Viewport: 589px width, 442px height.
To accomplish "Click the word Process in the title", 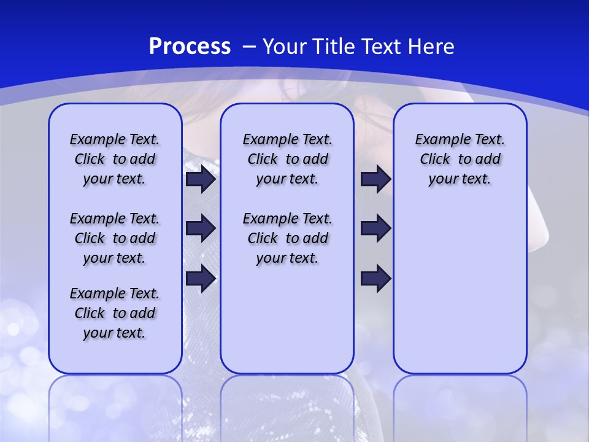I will pos(190,47).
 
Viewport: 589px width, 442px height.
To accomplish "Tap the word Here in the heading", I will pos(431,47).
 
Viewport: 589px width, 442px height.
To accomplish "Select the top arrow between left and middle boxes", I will pos(200,179).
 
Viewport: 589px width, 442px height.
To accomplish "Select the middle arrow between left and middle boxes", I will pos(200,228).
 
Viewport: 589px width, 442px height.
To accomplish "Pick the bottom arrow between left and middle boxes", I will pos(200,279).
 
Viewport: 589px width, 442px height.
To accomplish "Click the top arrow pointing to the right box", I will pos(375,179).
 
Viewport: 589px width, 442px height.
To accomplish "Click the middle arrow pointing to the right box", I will pos(375,228).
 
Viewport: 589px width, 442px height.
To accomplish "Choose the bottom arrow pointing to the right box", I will pos(375,279).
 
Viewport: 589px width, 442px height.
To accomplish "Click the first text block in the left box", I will pos(115,159).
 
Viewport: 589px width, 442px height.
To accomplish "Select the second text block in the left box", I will pos(115,238).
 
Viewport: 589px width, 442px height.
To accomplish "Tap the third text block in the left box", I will pos(115,313).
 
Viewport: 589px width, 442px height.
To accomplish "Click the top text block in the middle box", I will pos(287,159).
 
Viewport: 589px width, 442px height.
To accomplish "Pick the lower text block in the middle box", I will pos(287,238).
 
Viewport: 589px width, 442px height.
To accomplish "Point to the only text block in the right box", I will pos(460,159).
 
